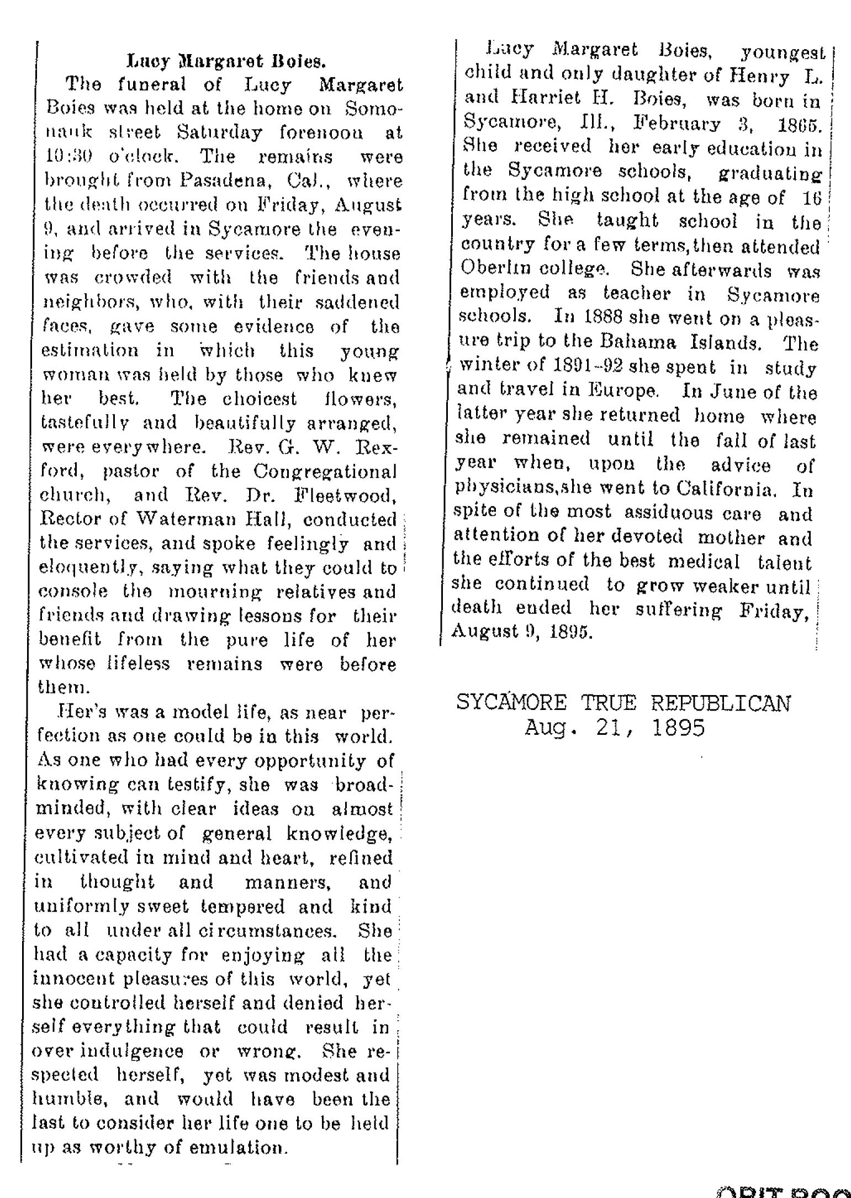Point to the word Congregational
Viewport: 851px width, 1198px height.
(325, 472)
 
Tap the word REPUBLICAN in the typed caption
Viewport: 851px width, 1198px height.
(721, 703)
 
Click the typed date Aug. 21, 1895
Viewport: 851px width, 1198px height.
(615, 728)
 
